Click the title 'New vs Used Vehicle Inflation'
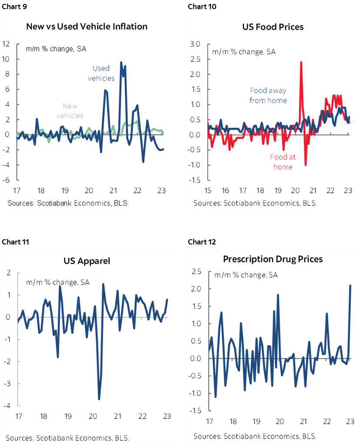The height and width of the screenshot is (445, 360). click(87, 27)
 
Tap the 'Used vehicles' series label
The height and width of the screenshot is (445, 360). click(101, 73)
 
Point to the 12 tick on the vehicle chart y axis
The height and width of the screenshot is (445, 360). click(6, 43)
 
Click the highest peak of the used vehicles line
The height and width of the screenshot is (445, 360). click(121, 62)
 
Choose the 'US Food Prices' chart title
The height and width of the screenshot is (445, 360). click(273, 27)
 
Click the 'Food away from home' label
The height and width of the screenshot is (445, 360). click(268, 95)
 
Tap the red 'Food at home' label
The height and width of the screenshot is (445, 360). click(283, 162)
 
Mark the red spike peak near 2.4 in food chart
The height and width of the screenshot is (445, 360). click(301, 62)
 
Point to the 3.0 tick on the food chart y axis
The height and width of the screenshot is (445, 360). click(195, 43)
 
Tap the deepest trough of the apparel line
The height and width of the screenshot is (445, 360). click(99, 399)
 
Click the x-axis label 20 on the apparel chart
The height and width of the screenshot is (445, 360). click(93, 416)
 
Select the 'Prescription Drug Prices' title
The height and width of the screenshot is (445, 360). click(273, 259)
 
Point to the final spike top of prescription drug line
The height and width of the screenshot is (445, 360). click(350, 285)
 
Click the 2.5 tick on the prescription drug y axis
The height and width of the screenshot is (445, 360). click(195, 272)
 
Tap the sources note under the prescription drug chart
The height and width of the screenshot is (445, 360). click(255, 436)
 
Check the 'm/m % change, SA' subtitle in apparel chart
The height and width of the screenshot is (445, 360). click(58, 282)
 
